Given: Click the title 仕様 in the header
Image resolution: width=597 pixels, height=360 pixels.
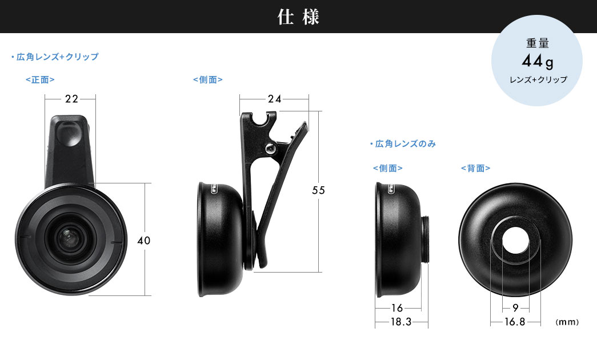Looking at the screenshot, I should point(298,17).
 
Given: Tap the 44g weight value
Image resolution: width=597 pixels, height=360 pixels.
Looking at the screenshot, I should point(538,61).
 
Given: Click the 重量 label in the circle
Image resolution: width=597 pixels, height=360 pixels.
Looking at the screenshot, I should point(538,44).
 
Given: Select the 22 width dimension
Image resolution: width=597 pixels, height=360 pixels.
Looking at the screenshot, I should point(71,99).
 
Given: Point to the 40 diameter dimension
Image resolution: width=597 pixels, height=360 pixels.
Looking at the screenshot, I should point(143,241).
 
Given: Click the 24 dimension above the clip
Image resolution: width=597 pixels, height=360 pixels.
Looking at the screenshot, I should point(274,99).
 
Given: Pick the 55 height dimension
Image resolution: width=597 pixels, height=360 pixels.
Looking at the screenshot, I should point(318,191).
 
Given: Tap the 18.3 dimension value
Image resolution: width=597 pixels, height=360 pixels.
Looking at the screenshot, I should point(401,322).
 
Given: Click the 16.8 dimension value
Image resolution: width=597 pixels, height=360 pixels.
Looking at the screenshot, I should point(515,322).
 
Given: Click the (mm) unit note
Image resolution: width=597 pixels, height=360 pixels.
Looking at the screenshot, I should point(567,322).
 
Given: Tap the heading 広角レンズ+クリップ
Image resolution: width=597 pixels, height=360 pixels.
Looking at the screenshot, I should point(55,57).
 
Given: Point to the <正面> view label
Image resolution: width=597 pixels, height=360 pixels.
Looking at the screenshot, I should point(40,81).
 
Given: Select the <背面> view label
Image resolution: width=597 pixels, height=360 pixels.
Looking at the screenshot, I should point(475,168).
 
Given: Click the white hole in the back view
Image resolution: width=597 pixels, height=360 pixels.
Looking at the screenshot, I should point(515,241).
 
